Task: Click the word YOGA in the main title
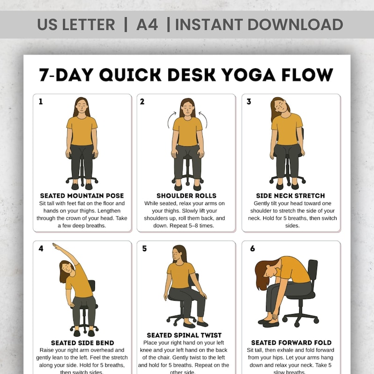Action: coord(260,75)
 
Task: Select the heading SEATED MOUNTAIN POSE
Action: coord(82,195)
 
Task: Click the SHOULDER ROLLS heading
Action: coord(187,195)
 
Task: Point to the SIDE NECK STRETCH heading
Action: coord(290,195)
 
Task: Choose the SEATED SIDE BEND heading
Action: coord(82,343)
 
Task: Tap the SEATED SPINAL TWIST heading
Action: coord(184,335)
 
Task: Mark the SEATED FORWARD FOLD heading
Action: coord(291,343)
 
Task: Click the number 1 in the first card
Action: coord(41,101)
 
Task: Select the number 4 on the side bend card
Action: coord(41,249)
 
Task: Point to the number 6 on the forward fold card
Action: coord(252,249)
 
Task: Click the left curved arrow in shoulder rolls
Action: coord(170,120)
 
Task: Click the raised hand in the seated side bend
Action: coord(56,245)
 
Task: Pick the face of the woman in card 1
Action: coord(82,108)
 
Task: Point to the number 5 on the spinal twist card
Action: coord(144,249)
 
